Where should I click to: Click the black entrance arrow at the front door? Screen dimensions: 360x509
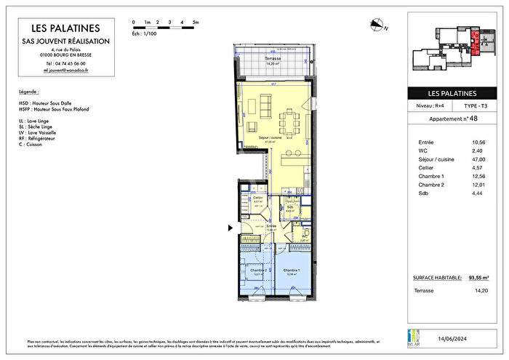(231, 228)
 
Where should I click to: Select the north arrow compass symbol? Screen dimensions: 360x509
(376, 25)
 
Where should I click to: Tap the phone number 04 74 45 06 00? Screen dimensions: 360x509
(65, 63)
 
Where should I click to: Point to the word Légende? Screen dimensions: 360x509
(29, 92)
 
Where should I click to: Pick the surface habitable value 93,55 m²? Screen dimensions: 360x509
(478, 277)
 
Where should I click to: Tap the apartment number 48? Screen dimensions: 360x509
(473, 119)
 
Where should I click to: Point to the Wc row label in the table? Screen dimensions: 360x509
(425, 151)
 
